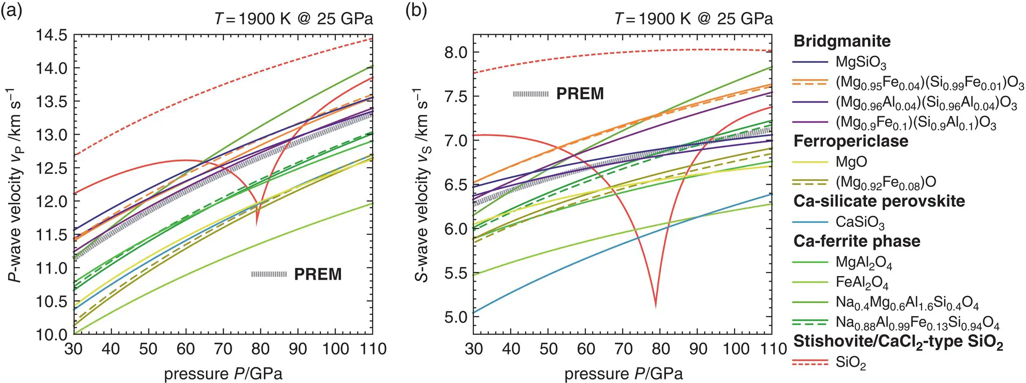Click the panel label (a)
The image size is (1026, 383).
[12, 10]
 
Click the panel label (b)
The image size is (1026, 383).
[416, 10]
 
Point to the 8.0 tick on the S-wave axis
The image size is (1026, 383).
[455, 52]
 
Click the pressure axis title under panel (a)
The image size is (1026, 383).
[223, 374]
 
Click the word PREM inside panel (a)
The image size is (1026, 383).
[317, 275]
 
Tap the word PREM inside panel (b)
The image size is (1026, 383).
[580, 94]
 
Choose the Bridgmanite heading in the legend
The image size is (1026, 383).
[841, 41]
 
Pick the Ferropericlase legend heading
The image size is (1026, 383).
[850, 141]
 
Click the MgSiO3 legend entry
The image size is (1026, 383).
[861, 63]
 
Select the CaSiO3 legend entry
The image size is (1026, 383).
[860, 222]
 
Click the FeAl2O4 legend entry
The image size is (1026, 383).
[862, 283]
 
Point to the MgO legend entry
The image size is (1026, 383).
[851, 162]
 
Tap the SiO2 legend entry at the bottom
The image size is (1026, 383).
[850, 363]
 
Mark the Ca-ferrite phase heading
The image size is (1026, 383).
[857, 241]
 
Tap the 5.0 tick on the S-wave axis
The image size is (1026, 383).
[455, 317]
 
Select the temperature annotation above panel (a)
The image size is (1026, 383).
[293, 19]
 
